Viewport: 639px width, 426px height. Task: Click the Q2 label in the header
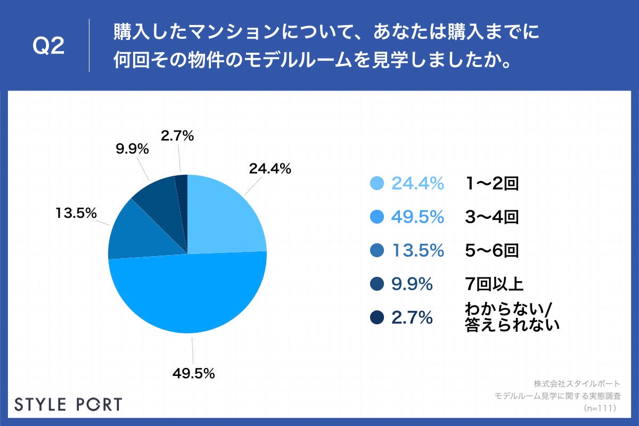click(x=48, y=46)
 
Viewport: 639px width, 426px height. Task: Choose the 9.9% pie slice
click(x=157, y=197)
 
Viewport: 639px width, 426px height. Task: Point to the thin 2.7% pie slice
click(x=182, y=186)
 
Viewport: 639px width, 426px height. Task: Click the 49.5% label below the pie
click(x=193, y=373)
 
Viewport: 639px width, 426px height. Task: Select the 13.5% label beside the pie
click(x=76, y=214)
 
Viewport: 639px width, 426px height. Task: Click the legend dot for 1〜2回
click(x=376, y=184)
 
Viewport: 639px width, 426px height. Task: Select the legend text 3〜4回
click(x=491, y=217)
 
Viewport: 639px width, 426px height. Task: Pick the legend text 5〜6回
click(x=491, y=251)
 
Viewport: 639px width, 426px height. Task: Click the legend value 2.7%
click(x=412, y=318)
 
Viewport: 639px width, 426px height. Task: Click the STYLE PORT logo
click(x=68, y=404)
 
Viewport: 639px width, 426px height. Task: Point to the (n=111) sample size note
click(x=600, y=408)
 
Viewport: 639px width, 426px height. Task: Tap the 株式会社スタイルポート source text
click(x=577, y=383)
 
